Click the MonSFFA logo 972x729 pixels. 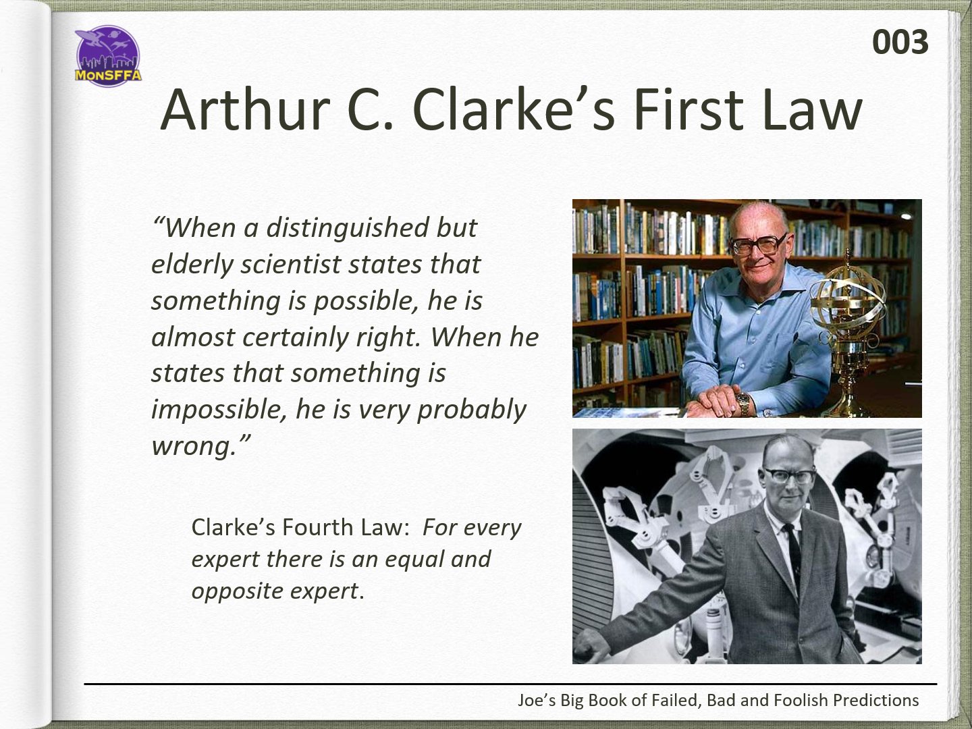(x=108, y=56)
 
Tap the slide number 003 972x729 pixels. (x=900, y=43)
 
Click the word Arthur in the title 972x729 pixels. (x=246, y=110)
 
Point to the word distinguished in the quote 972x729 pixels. (x=348, y=228)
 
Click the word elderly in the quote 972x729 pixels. (x=192, y=265)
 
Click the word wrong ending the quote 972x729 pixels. (x=193, y=446)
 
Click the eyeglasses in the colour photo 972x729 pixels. (x=758, y=244)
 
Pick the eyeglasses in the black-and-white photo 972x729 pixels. (x=788, y=476)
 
